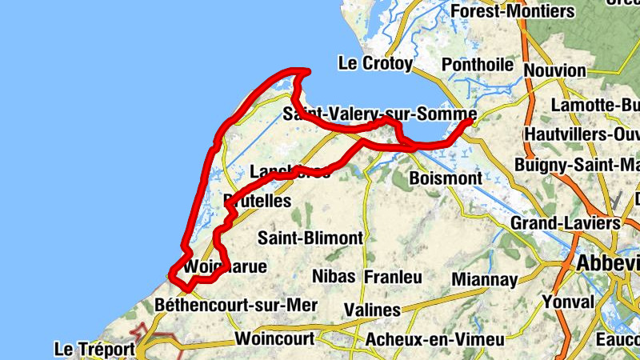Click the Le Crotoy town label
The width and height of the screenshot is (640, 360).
[375, 63]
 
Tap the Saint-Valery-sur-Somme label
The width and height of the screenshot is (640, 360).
[380, 115]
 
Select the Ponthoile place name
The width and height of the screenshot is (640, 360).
[481, 63]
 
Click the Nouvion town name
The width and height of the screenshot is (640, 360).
[555, 70]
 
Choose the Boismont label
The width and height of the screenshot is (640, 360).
[445, 177]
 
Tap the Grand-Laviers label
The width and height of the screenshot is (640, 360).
[566, 222]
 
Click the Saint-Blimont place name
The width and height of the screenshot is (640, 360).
[310, 238]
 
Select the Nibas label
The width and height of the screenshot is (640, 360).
[334, 277]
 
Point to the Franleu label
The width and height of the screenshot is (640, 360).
[393, 277]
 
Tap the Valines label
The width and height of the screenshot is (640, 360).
[372, 310]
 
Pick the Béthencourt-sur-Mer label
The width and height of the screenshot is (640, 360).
[237, 305]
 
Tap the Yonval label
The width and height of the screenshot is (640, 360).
[568, 302]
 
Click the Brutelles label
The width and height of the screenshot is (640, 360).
[258, 201]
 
